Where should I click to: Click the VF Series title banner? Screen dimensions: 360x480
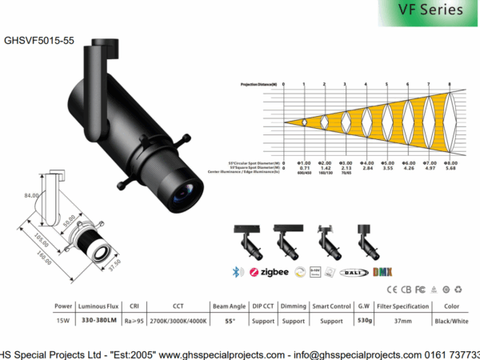430,10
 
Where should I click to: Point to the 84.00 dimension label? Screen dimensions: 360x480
32,195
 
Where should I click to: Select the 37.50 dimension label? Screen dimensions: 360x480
115,263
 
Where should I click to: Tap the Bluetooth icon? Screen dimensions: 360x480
236,272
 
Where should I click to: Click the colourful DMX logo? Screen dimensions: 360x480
384,272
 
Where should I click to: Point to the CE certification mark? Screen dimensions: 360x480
391,290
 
